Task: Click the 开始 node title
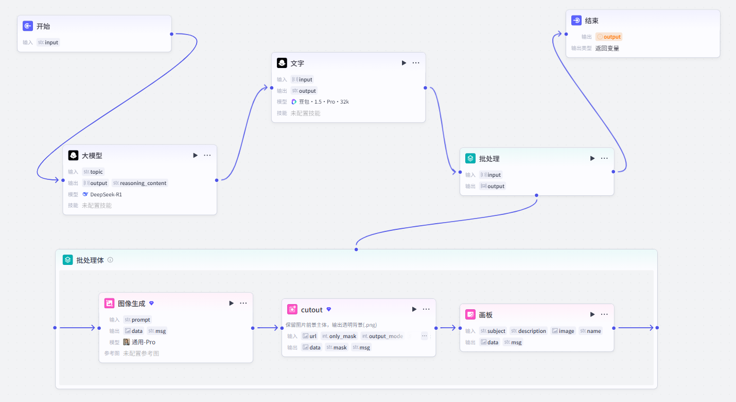pyautogui.click(x=43, y=26)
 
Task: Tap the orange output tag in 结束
pyautogui.click(x=609, y=37)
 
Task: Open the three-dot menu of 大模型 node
pyautogui.click(x=207, y=155)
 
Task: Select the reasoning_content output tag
pyautogui.click(x=139, y=183)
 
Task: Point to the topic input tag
pyautogui.click(x=93, y=172)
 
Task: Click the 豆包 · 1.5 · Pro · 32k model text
pyautogui.click(x=324, y=102)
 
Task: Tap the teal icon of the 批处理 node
pyautogui.click(x=470, y=159)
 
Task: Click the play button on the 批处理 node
pyautogui.click(x=592, y=159)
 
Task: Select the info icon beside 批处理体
pyautogui.click(x=110, y=260)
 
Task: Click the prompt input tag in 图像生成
pyautogui.click(x=137, y=320)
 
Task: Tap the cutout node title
pyautogui.click(x=311, y=310)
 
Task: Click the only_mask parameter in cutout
pyautogui.click(x=339, y=336)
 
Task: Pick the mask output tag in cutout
pyautogui.click(x=337, y=347)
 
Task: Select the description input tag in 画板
pyautogui.click(x=529, y=331)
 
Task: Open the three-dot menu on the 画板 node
pyautogui.click(x=604, y=314)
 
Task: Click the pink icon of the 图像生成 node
pyautogui.click(x=110, y=304)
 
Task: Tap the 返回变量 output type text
pyautogui.click(x=607, y=48)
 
